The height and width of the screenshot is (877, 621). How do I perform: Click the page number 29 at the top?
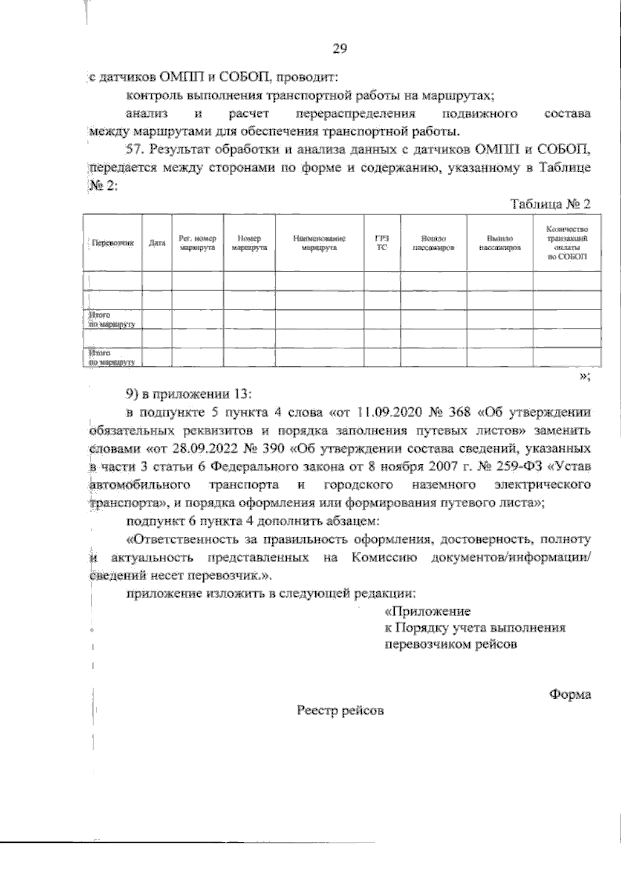339,49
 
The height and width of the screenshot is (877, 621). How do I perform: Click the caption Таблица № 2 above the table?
550,204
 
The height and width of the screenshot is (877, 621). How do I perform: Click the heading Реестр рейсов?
340,710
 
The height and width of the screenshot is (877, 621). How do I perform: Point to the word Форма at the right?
570,694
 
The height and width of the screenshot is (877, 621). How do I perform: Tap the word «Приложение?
427,611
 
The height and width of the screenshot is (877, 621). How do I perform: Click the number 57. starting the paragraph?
136,150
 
